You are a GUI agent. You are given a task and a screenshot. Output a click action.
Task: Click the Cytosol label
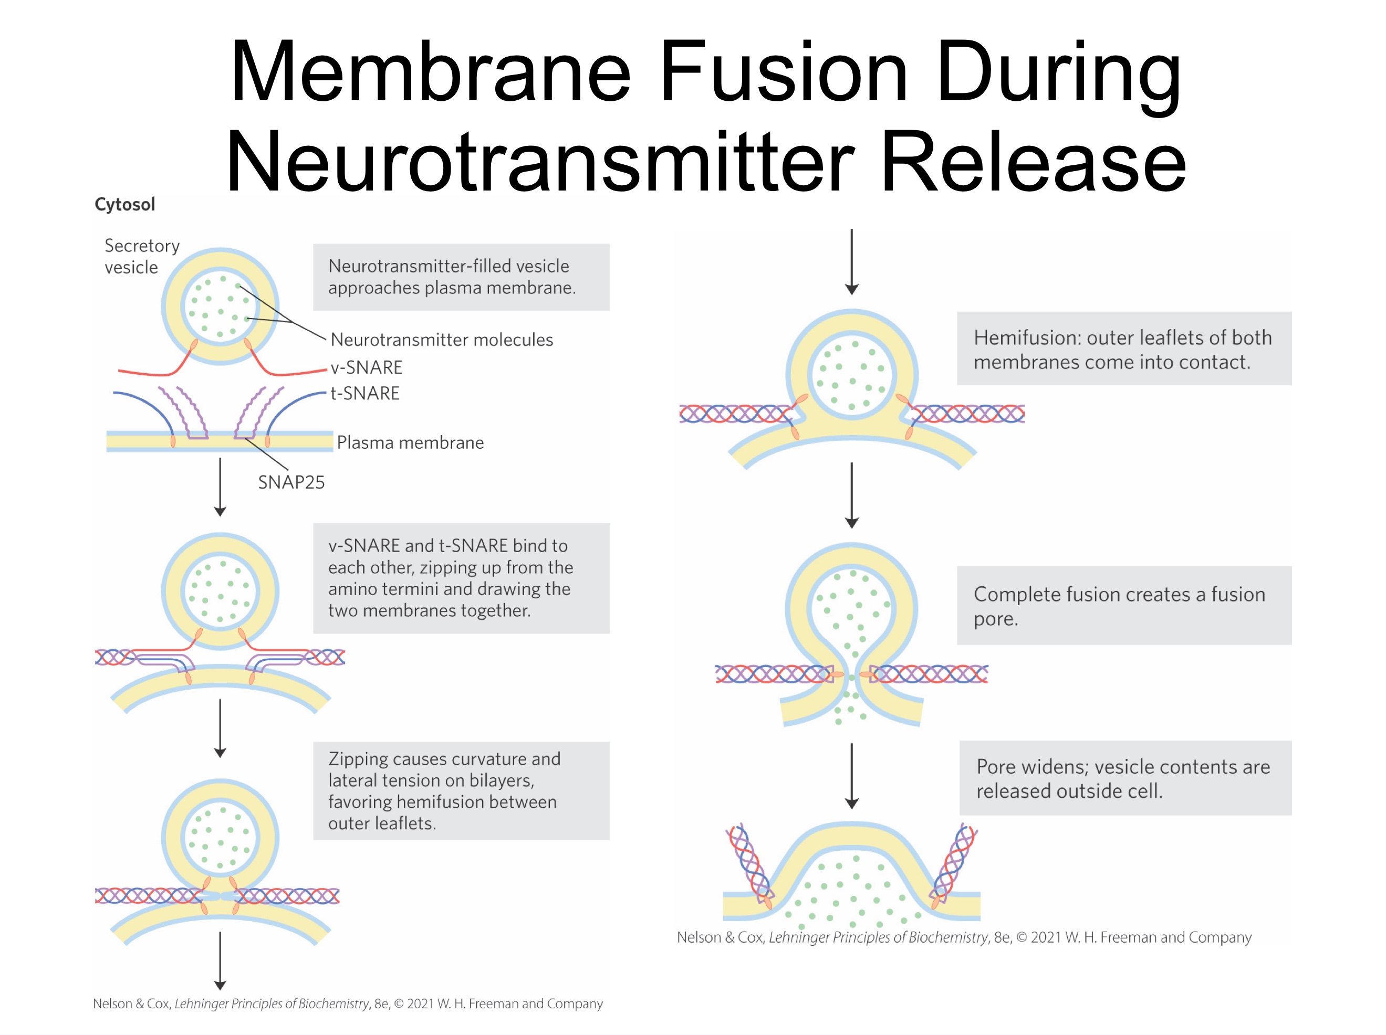click(x=124, y=205)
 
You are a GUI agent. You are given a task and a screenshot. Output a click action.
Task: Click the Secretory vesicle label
click(x=142, y=256)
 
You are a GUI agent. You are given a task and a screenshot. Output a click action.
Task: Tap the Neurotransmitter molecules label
click(x=442, y=340)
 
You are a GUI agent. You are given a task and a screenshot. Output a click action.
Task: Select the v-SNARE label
click(x=367, y=367)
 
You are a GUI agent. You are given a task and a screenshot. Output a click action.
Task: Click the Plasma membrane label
click(x=410, y=442)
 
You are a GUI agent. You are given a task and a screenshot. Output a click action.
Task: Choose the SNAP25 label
click(x=291, y=482)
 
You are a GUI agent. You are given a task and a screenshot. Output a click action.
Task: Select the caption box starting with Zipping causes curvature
click(x=461, y=791)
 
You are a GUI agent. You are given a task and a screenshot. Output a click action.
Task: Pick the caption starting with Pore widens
click(x=1125, y=778)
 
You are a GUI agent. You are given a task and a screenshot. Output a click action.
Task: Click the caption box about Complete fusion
click(x=1123, y=606)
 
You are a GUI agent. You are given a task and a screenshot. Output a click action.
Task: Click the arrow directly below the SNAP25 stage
click(x=220, y=487)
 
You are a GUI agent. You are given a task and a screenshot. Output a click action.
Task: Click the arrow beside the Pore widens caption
click(x=851, y=776)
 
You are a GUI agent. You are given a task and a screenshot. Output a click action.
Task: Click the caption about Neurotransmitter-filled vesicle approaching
click(x=461, y=277)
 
